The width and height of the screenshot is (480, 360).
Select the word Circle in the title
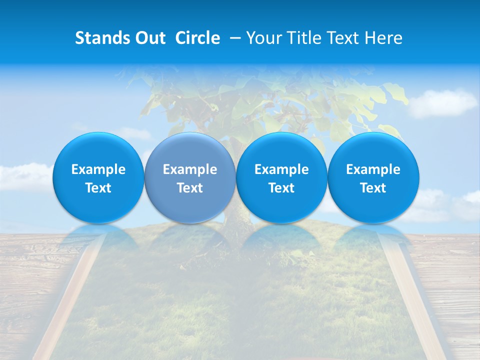pyautogui.click(x=197, y=38)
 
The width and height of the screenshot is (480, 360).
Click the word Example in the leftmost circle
pyautogui.click(x=98, y=169)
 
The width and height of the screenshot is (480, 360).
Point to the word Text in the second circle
pyautogui.click(x=190, y=188)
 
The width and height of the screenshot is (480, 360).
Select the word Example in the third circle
pyautogui.click(x=281, y=169)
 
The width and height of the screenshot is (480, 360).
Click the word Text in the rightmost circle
pyautogui.click(x=373, y=188)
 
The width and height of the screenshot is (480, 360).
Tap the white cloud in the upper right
pyautogui.click(x=442, y=102)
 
